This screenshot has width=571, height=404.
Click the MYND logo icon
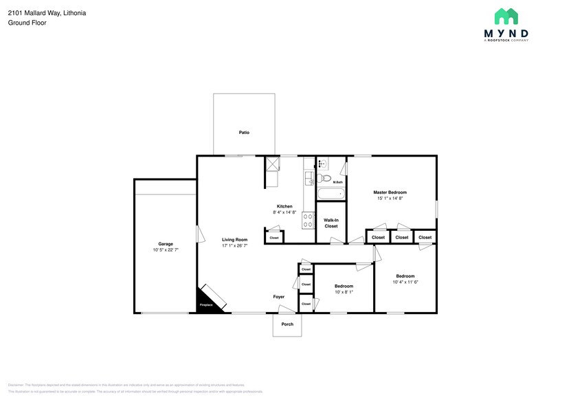tap(508, 17)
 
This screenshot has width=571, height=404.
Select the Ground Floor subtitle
tap(25, 23)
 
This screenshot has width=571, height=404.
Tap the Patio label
tap(244, 132)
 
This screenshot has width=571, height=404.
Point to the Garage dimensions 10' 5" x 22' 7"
tap(166, 250)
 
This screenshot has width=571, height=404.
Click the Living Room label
tap(234, 240)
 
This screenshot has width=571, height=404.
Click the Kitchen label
tap(284, 206)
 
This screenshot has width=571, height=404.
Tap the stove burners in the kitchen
tap(309, 222)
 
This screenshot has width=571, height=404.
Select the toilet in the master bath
tap(326, 179)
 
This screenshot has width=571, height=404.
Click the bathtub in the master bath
tap(331, 194)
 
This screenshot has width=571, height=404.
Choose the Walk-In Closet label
tap(331, 223)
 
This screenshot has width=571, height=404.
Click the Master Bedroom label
tap(390, 192)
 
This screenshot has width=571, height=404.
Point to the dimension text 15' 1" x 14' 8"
tap(390, 199)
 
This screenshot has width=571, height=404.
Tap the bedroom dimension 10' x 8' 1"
tap(344, 291)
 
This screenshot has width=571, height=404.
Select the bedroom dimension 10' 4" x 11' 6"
tap(405, 282)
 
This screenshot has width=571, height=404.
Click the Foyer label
tap(278, 297)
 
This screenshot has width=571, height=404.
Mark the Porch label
tap(287, 324)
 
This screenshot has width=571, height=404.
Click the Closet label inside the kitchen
tap(274, 238)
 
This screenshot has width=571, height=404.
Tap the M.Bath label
tap(337, 163)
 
